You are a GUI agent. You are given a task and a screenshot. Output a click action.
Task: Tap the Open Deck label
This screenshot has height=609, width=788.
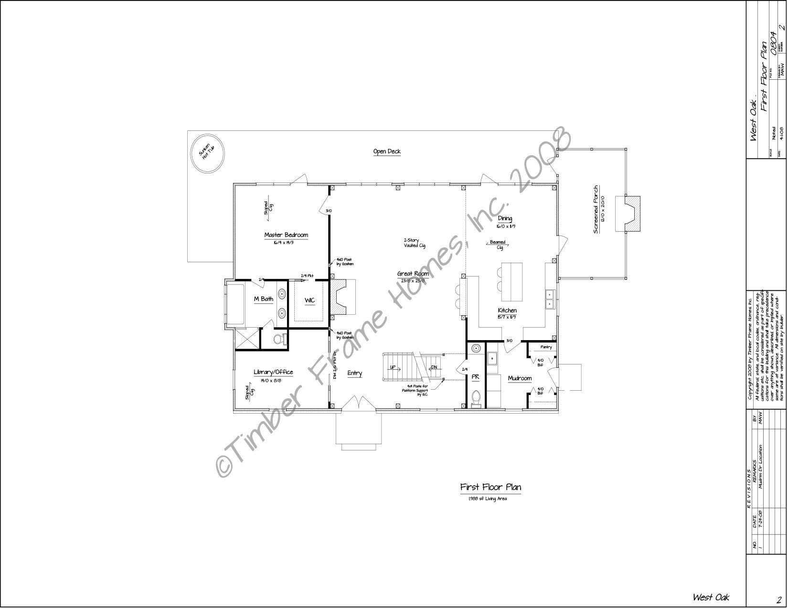click(x=387, y=151)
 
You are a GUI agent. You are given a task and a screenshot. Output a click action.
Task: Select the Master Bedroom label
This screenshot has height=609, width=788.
click(x=286, y=235)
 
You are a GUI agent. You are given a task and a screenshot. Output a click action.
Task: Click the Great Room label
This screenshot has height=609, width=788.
click(x=413, y=274)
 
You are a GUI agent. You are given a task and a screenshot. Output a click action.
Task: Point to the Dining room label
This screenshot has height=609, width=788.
click(x=504, y=219)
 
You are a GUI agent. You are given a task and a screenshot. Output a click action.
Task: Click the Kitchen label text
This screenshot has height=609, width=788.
click(x=507, y=310)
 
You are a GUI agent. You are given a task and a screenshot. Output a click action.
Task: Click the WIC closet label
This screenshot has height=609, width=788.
click(x=310, y=300)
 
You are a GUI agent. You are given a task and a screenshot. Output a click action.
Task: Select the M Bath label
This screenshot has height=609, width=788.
click(x=263, y=299)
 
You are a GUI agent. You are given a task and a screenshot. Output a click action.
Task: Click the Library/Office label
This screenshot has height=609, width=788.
click(x=273, y=359)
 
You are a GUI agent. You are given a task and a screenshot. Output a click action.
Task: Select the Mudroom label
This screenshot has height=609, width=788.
click(x=520, y=365)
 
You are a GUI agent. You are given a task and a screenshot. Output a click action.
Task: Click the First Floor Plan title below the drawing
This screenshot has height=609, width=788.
click(x=490, y=487)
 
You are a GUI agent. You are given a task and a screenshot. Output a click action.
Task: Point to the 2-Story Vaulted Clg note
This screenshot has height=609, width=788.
click(x=414, y=243)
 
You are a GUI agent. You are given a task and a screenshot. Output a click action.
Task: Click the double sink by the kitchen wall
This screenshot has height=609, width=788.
click(x=550, y=299)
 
